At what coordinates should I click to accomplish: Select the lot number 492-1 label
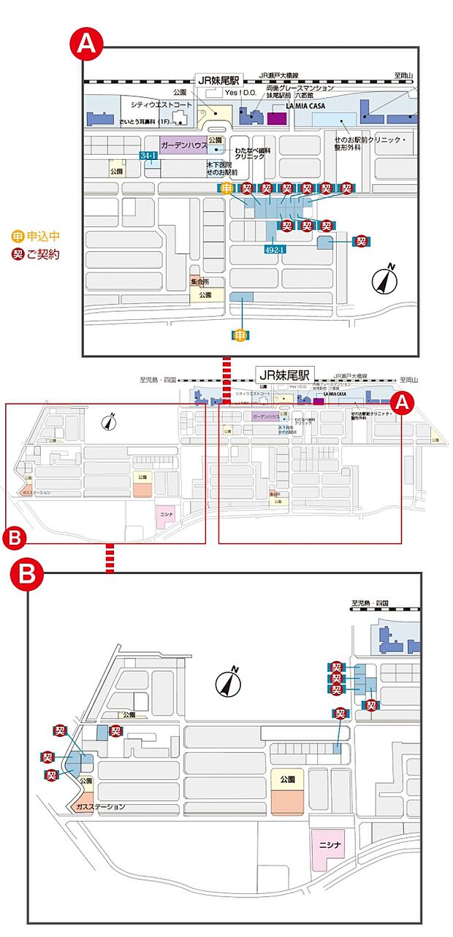pos(274,249)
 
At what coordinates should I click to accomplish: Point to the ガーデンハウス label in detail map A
pos(183,145)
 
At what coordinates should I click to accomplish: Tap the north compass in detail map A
pos(385,280)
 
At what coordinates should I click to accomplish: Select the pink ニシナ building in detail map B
pos(330,849)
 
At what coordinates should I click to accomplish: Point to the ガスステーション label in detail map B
pos(101,807)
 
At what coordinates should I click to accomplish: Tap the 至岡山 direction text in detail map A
pos(403,74)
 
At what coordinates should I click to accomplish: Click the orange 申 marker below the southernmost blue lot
pos(243,334)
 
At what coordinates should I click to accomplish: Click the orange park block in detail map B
pos(287,800)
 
